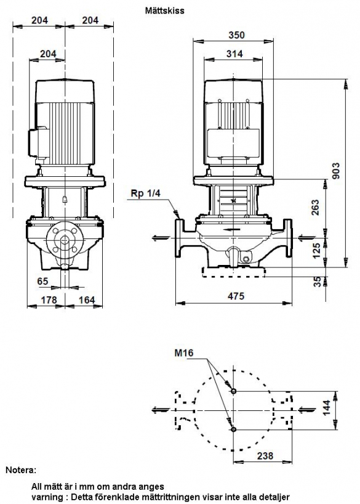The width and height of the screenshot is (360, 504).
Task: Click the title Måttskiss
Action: click(165, 10)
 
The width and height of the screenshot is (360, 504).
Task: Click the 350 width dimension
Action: click(236, 35)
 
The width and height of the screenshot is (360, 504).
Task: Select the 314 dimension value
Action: click(234, 54)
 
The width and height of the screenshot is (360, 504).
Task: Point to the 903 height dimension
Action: click(335, 171)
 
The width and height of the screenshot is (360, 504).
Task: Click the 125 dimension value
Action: click(317, 251)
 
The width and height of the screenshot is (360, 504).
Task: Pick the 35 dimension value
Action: click(318, 282)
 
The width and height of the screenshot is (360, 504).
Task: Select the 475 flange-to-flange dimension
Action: click(236, 296)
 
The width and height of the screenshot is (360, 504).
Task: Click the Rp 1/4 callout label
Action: click(145, 193)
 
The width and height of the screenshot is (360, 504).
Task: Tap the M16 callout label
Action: click(184, 353)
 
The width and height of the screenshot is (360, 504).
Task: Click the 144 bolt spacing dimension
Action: click(327, 407)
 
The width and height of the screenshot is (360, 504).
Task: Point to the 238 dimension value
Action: click(265, 455)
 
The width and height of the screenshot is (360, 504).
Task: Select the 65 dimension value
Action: click(42, 281)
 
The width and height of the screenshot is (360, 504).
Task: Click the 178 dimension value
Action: click(49, 300)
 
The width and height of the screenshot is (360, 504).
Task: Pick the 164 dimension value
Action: click(87, 300)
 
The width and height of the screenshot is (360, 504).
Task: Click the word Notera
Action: click(21, 470)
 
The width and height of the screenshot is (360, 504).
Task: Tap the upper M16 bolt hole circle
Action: click(233, 391)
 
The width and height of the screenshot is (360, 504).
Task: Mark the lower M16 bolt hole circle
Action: click(233, 429)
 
